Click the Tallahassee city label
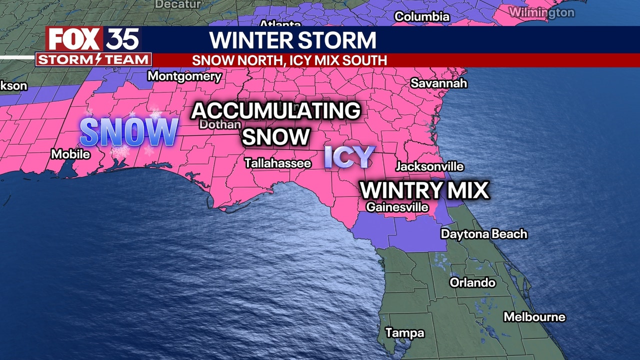coord(277,163)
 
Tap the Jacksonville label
coord(429,166)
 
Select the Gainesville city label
coord(397,206)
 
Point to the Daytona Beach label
coord(483,234)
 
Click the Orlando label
coord(472,282)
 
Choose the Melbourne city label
coord(534,317)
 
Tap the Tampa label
coord(404,332)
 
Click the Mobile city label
coord(70,154)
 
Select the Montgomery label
coord(184,76)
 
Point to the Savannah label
coord(438,83)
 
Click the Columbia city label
coord(422,16)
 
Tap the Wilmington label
coord(541,12)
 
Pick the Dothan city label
coord(220,124)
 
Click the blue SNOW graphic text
coord(129,132)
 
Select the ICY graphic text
coord(349,156)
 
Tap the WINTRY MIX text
coord(424,190)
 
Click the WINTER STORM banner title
coord(292,40)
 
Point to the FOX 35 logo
coord(93,39)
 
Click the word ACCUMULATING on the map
coord(276,110)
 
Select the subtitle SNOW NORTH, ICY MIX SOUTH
coord(289,60)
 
